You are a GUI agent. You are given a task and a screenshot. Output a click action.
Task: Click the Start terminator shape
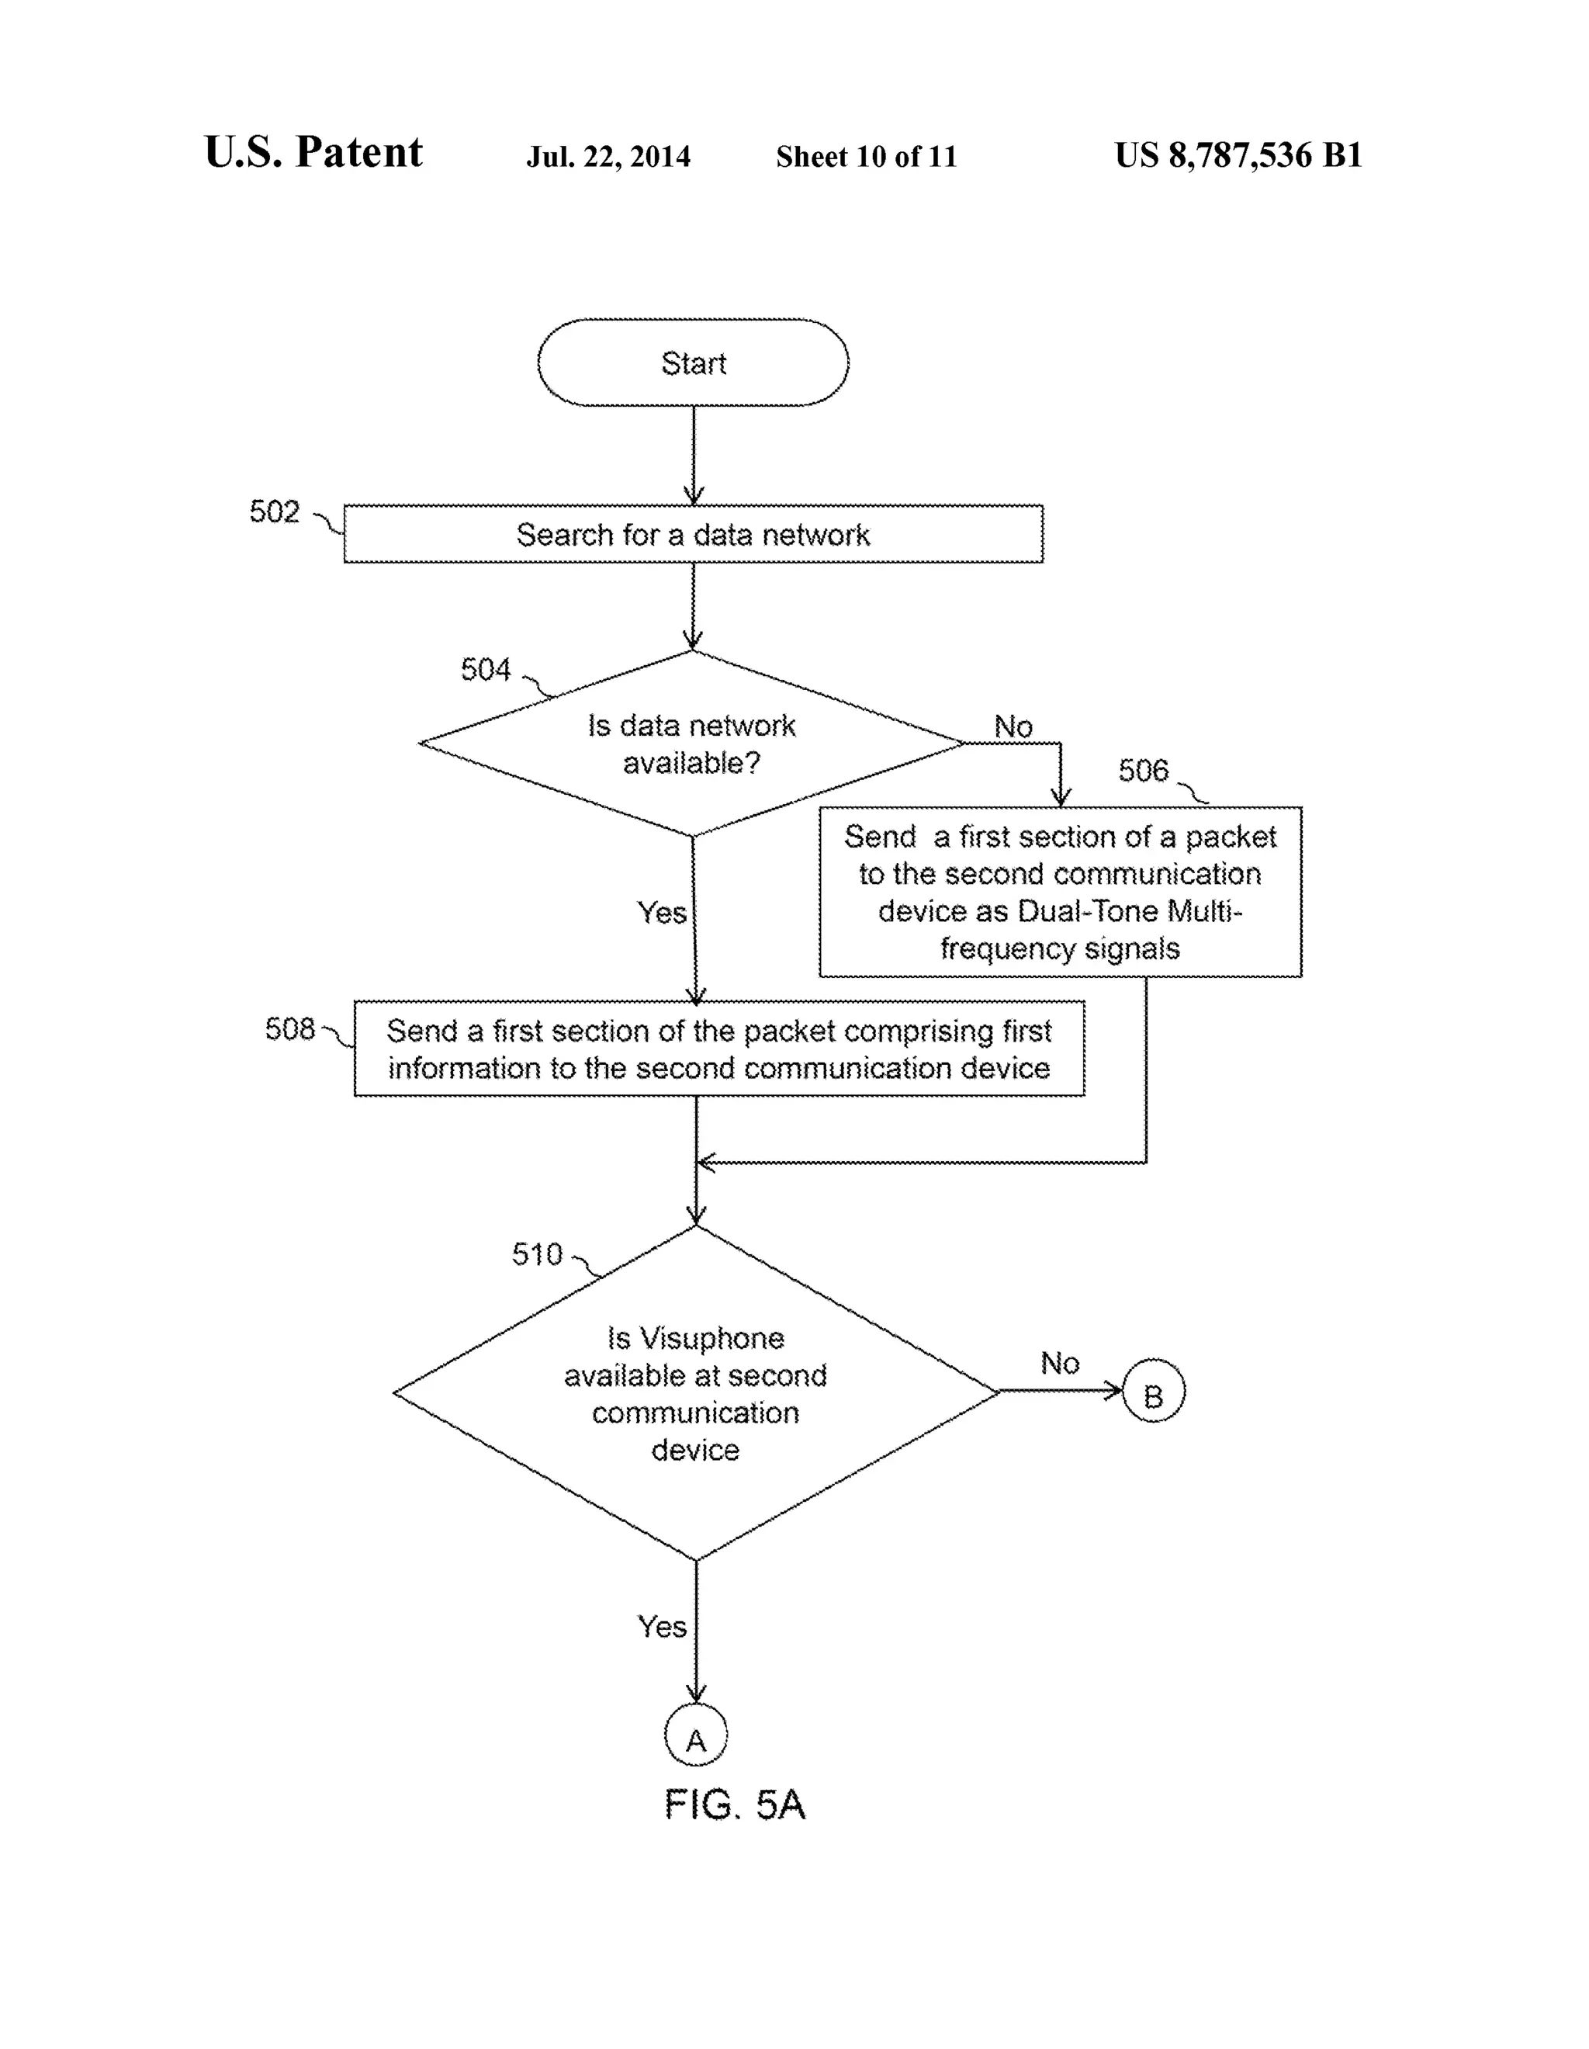pyautogui.click(x=692, y=362)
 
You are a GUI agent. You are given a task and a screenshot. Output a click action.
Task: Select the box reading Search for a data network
pyautogui.click(x=692, y=534)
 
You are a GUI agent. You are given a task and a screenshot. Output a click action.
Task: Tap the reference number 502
pyautogui.click(x=274, y=511)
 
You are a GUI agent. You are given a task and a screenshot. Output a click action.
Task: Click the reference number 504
pyautogui.click(x=485, y=669)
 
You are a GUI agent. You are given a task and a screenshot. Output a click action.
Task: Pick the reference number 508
pyautogui.click(x=290, y=1028)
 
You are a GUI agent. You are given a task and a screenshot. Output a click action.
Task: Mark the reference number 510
pyautogui.click(x=537, y=1253)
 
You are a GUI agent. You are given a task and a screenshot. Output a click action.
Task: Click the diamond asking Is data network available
pyautogui.click(x=691, y=743)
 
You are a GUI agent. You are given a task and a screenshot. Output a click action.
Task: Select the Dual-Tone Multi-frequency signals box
pyautogui.click(x=1060, y=891)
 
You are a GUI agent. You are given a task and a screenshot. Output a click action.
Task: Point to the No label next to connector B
pyautogui.click(x=1060, y=1362)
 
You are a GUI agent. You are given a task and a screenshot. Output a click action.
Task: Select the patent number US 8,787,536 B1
pyautogui.click(x=1238, y=154)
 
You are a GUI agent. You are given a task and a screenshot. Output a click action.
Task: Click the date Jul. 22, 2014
pyautogui.click(x=608, y=157)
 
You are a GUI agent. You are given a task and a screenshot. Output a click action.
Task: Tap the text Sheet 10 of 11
pyautogui.click(x=866, y=157)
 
